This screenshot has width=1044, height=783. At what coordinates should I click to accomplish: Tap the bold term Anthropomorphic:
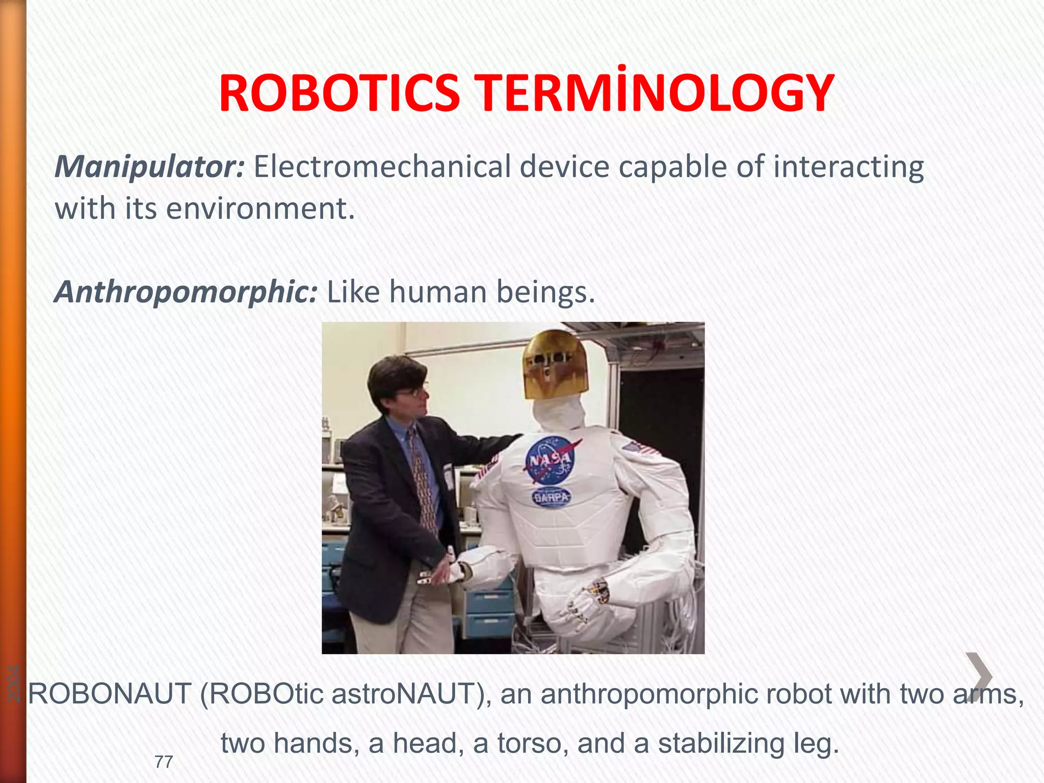(186, 292)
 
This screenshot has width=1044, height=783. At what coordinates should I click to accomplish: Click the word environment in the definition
(260, 208)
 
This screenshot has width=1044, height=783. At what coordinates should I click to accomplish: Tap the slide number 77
(164, 762)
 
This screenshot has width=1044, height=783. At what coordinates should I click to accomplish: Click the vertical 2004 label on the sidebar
(14, 684)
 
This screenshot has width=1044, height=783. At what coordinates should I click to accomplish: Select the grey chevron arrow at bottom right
(979, 677)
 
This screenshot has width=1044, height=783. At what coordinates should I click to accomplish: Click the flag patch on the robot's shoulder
(640, 449)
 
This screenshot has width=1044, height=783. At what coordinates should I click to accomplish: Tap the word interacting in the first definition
(848, 167)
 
